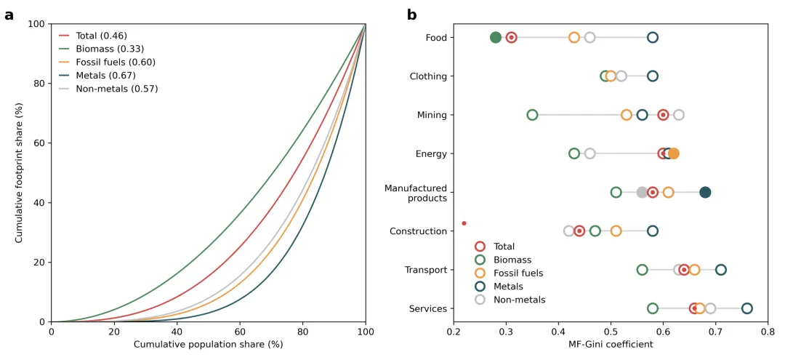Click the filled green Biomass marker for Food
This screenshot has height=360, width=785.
[x=496, y=38]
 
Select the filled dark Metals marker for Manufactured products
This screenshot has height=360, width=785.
[x=705, y=193]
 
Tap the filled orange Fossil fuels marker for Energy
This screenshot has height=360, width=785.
[x=674, y=153]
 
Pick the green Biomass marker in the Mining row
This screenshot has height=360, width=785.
[x=532, y=115]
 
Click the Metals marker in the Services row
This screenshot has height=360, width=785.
[x=746, y=308]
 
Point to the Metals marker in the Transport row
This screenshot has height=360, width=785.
[x=720, y=270]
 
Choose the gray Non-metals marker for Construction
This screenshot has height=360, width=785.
[x=569, y=231]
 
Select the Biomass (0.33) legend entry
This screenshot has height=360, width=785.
[x=109, y=49]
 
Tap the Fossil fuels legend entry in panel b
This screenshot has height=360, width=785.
[x=518, y=273]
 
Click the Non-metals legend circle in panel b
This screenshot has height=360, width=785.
[x=480, y=300]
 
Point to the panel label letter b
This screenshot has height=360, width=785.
[x=411, y=15]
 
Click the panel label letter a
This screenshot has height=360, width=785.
[x=9, y=15]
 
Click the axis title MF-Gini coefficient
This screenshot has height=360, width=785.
[x=611, y=345]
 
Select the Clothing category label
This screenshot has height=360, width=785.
[x=428, y=76]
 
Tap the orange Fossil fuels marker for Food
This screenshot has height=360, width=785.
[x=574, y=38]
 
